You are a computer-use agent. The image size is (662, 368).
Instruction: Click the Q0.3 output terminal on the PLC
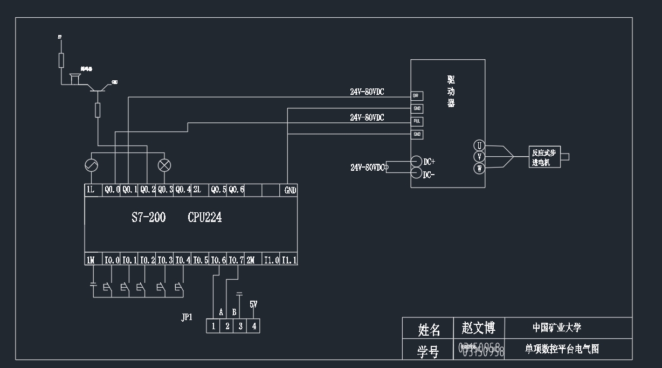coord(165,190)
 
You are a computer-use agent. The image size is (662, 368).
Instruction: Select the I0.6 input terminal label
coord(218,260)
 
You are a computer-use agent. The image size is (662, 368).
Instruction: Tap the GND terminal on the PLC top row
coord(290,190)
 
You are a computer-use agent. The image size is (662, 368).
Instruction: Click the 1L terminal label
coord(91,190)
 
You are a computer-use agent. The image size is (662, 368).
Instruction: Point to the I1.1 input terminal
coord(289,260)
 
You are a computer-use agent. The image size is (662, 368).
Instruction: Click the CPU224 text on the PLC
coord(205,218)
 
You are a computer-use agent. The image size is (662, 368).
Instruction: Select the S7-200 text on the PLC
coord(149,218)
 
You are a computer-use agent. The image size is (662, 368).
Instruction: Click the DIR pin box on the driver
coord(417,96)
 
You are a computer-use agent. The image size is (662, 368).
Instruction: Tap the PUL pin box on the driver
coord(417,122)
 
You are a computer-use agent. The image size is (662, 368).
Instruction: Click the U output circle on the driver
coord(479,145)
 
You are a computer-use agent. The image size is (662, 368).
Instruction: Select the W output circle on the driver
coord(479,169)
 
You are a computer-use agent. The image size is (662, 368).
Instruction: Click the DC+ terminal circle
coord(416,161)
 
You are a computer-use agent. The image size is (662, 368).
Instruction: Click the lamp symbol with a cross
coord(164,165)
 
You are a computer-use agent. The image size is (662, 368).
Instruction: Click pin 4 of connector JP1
coord(254,326)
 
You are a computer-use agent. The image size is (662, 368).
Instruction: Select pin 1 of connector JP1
coord(213,326)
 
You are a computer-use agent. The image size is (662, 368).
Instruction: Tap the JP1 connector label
coord(187,317)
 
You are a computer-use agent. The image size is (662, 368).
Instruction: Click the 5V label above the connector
coord(253,304)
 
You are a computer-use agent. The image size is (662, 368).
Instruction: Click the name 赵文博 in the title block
coord(478,328)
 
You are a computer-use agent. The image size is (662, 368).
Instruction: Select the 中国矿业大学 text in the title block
coord(557,328)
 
